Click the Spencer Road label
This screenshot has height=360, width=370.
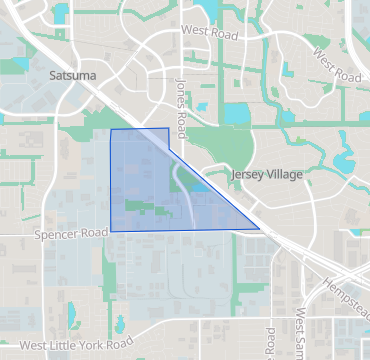[x=70, y=234]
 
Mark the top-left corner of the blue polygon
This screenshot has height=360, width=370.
[x=110, y=129]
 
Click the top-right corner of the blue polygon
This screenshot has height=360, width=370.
[x=168, y=128]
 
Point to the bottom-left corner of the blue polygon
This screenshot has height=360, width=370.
[x=110, y=231]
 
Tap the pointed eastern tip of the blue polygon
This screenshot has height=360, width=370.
[x=261, y=230]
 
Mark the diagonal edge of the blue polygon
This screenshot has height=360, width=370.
[x=214, y=180]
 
